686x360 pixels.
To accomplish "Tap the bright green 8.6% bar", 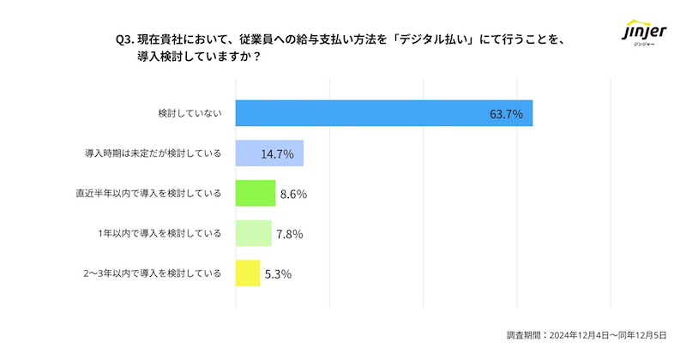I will pos(256,194).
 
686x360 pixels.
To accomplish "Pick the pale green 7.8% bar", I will pos(254,233).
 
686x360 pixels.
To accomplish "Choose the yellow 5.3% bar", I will pos(248,273).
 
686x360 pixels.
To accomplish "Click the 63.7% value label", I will pos(506,114).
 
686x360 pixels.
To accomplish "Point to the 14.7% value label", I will pos(277,154).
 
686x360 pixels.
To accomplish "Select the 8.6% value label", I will pos(292,194).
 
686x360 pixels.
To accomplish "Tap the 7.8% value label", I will pos(289,233).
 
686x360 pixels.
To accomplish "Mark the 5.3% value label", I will pos(278,273).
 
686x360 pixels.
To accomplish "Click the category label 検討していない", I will pos(190,114).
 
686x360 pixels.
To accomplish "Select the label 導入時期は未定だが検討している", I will pos(153,154).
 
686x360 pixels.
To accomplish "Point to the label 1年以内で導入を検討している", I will pos(160,233).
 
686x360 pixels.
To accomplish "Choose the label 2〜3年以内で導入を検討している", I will pos(153,273).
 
